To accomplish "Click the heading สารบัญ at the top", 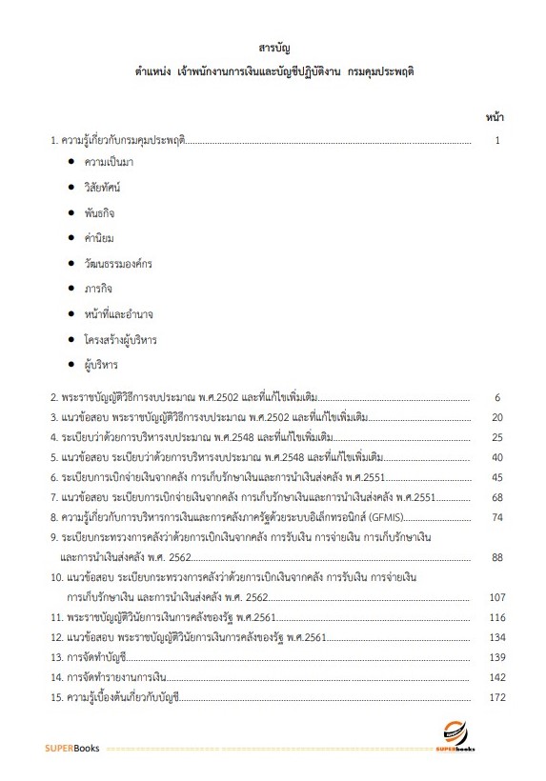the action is click(x=273, y=47).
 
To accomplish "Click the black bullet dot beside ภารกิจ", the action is click(x=71, y=289).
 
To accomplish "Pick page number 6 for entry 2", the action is click(x=497, y=396).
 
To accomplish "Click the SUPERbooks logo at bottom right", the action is click(x=461, y=737).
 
